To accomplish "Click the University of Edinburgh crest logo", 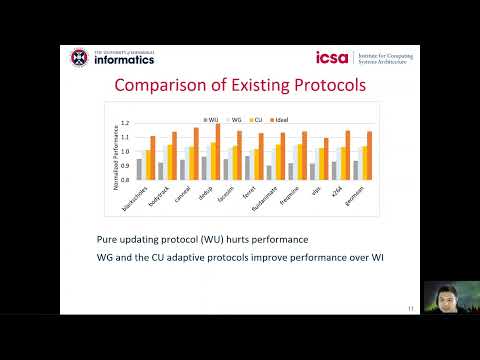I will click(79, 57).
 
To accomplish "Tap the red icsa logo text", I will click(330, 57).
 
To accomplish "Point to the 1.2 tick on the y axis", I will click(125, 124).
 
